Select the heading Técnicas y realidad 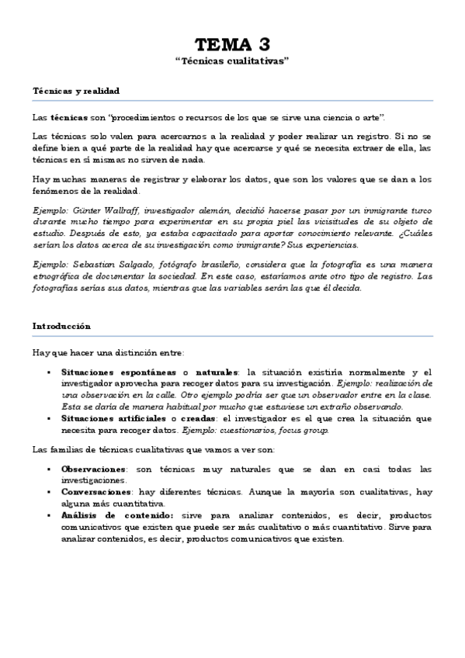tap(75, 91)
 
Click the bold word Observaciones tap(92, 469)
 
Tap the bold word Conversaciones tap(95, 492)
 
